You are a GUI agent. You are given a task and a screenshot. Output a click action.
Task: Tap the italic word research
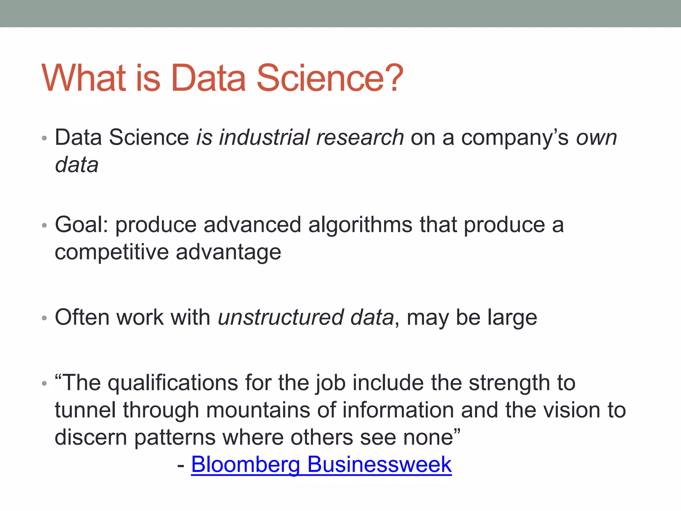[360, 137]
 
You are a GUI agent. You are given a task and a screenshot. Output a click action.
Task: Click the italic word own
[597, 138]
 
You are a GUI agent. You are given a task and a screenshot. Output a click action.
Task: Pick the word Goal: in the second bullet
[81, 225]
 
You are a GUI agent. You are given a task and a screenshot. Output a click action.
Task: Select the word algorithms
[360, 225]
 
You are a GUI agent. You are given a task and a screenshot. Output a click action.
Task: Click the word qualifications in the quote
[173, 383]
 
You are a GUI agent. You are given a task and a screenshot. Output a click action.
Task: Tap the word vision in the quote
[572, 410]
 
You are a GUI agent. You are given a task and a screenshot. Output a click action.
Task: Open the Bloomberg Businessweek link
[321, 464]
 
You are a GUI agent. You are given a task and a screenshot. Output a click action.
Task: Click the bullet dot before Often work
[44, 318]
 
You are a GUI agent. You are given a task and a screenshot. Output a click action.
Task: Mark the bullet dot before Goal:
[44, 226]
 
